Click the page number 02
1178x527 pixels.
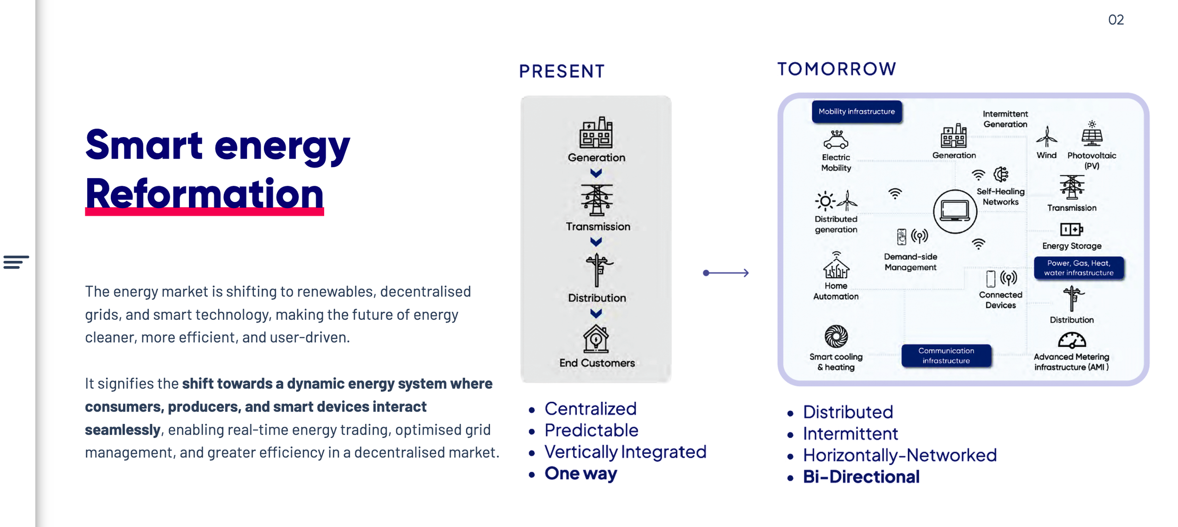(1115, 20)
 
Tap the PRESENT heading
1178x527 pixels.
(562, 71)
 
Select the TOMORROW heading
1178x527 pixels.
(836, 69)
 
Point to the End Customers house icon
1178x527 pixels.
(596, 339)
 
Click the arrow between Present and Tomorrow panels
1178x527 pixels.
(726, 273)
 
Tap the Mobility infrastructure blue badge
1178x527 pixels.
(856, 112)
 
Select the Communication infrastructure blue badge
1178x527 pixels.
(946, 356)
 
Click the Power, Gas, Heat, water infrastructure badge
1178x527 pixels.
(1078, 268)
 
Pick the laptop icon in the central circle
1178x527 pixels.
(955, 211)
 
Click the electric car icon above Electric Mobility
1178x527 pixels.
(836, 140)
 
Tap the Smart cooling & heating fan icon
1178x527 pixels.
(836, 336)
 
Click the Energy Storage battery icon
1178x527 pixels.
(1071, 229)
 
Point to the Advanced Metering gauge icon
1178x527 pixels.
(1072, 341)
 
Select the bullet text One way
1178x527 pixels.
(581, 473)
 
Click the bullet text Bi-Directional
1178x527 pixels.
(861, 477)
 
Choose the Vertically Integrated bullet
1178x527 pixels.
(625, 452)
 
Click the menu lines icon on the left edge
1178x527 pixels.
(16, 262)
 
